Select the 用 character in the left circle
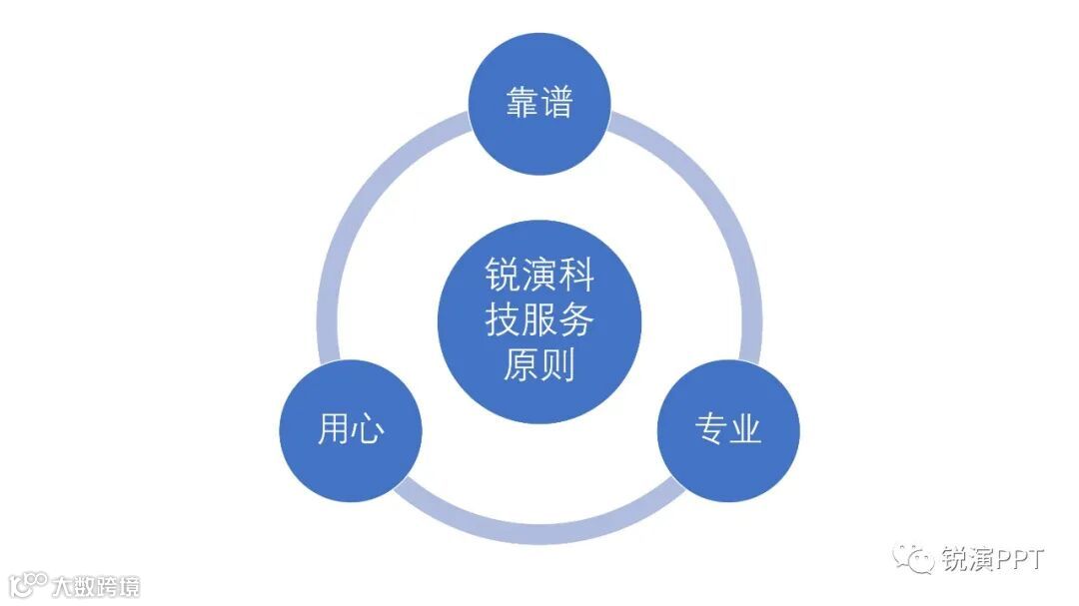(x=334, y=428)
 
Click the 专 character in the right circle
(x=710, y=428)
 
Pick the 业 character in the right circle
(x=745, y=428)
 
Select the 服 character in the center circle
(x=539, y=320)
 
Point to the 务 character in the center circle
(x=576, y=320)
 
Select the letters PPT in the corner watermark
(x=1019, y=559)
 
